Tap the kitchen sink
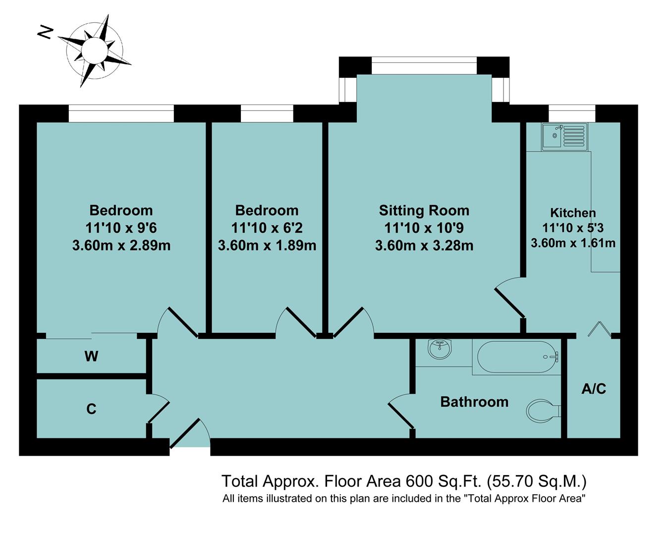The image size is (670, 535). [x=564, y=136]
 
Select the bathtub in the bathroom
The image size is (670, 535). [x=516, y=357]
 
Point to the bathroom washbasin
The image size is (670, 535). [x=440, y=349]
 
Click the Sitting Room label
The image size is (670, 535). [x=424, y=211]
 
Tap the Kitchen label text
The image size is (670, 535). [x=573, y=213]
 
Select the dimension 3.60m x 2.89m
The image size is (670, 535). [x=121, y=245]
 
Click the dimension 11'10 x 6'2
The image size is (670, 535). [x=267, y=228]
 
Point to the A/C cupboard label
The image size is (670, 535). [x=593, y=389]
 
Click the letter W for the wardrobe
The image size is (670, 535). [x=91, y=356]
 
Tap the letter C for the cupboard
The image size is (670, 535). [x=91, y=409]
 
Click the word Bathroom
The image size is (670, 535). [x=474, y=402]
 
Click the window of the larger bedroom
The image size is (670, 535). [x=121, y=113]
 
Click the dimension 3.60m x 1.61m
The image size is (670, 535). [x=573, y=243]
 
